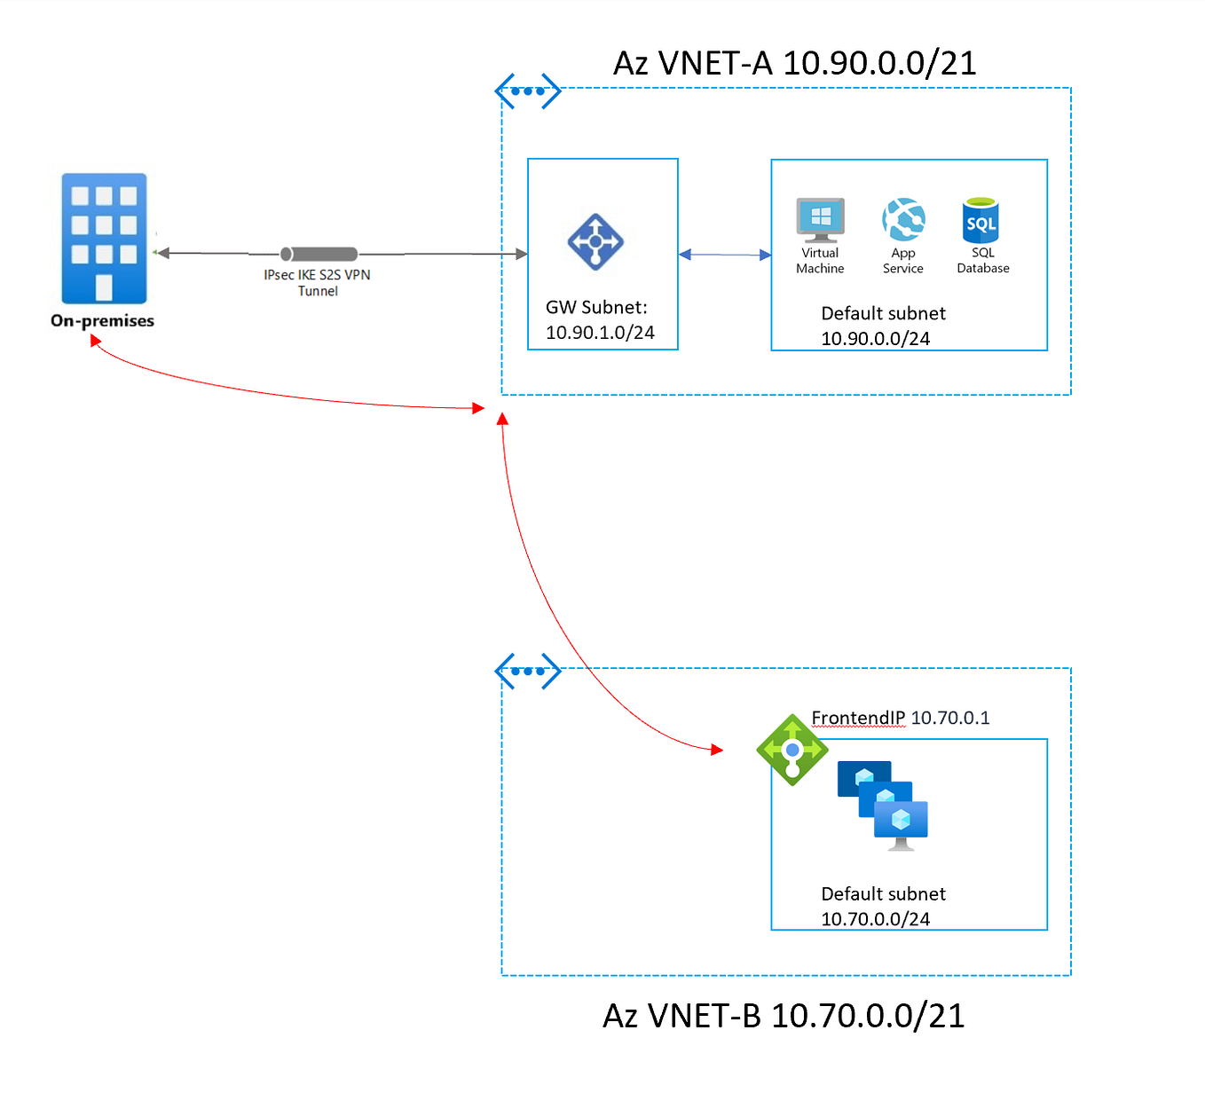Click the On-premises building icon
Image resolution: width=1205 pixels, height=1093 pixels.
coord(104,238)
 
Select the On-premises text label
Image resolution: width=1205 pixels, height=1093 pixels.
coord(102,321)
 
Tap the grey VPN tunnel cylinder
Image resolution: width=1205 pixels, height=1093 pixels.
coord(319,255)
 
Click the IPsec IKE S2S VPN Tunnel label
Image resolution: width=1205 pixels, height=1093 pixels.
coord(317,283)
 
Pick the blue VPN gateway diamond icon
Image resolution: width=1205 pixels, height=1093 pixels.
coord(595,241)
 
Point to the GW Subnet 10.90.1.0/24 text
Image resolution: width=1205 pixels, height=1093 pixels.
coord(599,320)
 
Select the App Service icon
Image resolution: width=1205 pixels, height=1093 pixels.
coord(903,220)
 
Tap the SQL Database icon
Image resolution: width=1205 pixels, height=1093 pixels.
coord(981,221)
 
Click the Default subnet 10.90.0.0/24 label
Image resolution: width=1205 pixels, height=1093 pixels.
coord(882,326)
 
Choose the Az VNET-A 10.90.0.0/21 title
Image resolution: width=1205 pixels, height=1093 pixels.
coord(794,63)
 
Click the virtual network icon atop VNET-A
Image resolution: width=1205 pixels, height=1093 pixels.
coord(528,91)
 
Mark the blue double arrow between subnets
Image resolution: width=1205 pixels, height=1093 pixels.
coord(724,255)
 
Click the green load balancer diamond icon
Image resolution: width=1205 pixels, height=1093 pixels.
coord(792,751)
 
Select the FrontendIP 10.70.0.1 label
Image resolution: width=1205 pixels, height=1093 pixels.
coord(900,718)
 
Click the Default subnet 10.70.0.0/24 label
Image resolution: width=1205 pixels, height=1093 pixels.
coord(882,906)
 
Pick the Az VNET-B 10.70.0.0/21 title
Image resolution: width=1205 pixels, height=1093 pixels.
coord(784,1016)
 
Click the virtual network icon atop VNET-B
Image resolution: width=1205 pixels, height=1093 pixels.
coord(528,672)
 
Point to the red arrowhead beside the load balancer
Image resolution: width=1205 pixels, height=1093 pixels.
coord(717,750)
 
